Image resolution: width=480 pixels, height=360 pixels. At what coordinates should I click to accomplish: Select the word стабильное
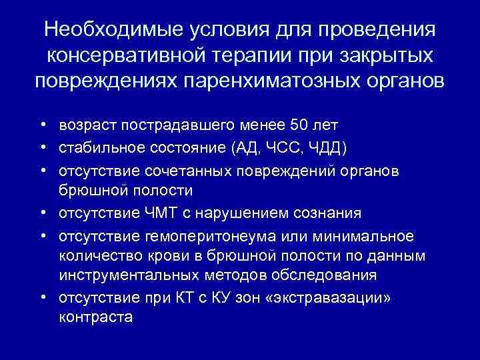coord(97,147)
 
